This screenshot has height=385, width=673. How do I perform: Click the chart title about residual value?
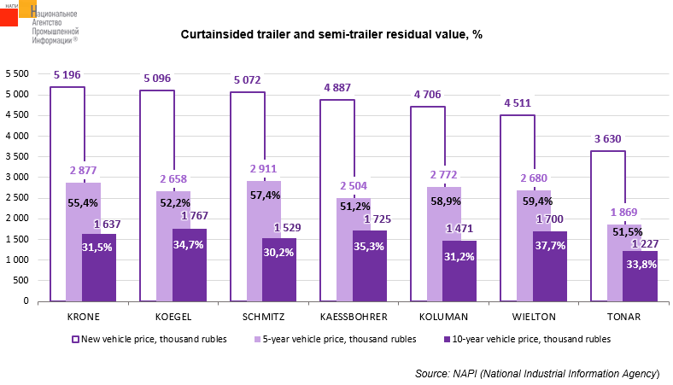331,35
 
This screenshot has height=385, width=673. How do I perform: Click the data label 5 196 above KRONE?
67,75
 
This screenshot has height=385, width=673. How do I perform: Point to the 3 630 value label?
608,139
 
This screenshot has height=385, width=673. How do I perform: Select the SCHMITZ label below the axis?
264,317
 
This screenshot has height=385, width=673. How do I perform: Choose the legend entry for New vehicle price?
149,339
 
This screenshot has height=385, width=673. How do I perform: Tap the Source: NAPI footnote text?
537,373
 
